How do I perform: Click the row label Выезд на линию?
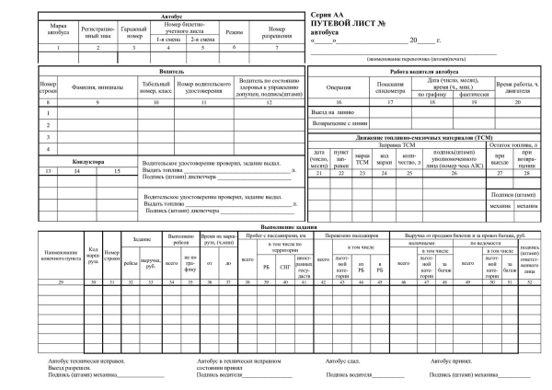pyautogui.click(x=334, y=110)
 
